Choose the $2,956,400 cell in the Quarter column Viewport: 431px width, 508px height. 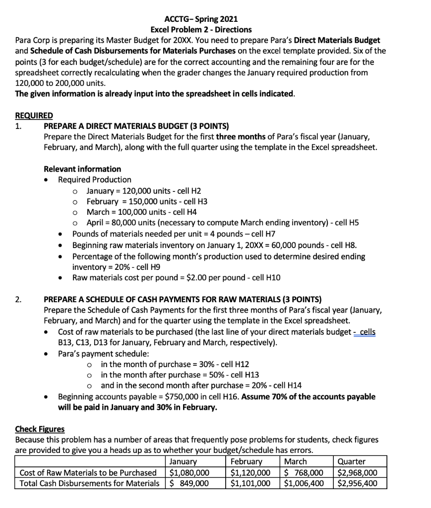pyautogui.click(x=357, y=483)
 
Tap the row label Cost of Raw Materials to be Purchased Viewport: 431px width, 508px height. pyautogui.click(x=87, y=472)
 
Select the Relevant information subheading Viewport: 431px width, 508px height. pyautogui.click(x=82, y=169)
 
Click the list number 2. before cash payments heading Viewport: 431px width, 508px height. pyautogui.click(x=18, y=299)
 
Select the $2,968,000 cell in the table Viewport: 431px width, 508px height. pyautogui.click(x=357, y=472)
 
